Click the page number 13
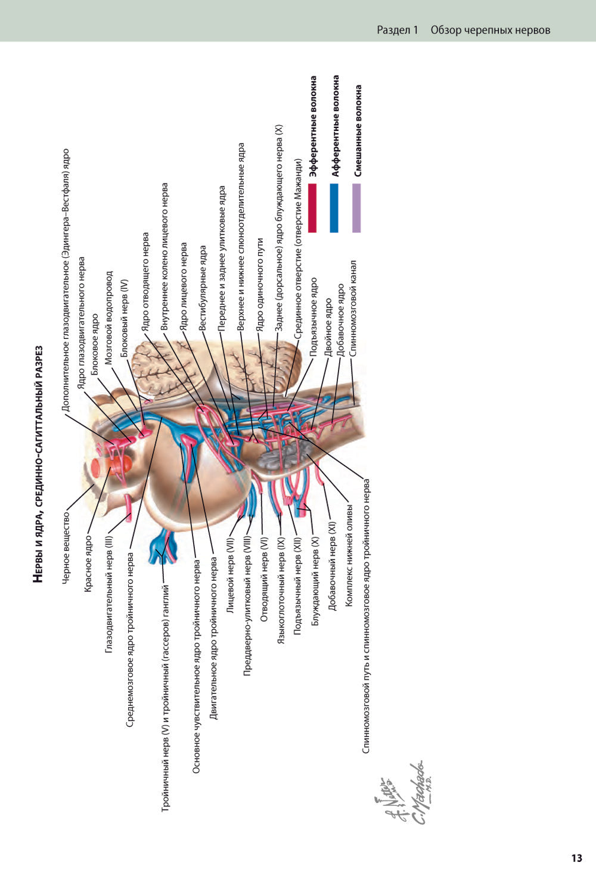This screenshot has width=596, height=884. point(576,858)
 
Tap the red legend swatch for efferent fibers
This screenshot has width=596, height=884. point(312,208)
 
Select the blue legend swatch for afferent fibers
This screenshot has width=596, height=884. point(334,208)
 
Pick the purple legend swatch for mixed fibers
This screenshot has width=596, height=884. point(356,208)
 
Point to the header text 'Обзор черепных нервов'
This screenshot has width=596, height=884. point(490,30)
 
